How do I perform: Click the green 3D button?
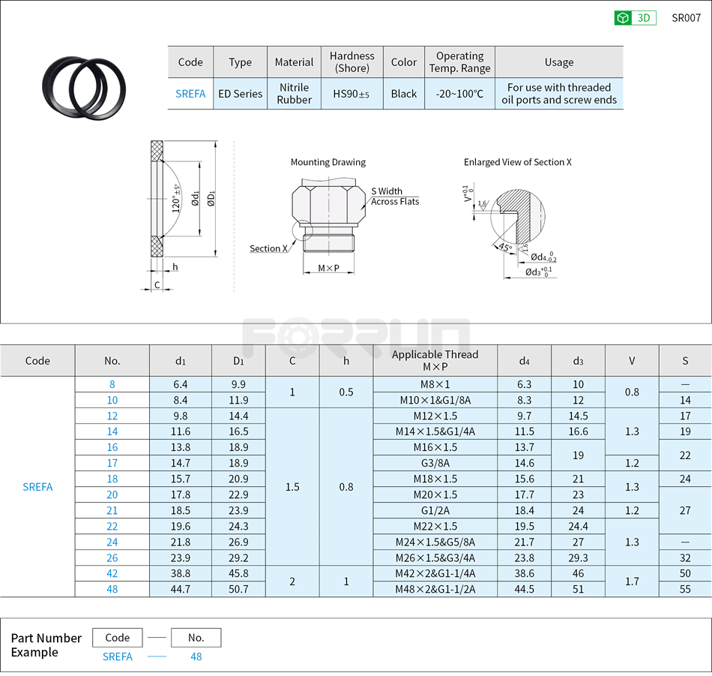pos(635,18)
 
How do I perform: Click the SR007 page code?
pos(685,18)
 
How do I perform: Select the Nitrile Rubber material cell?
pos(294,94)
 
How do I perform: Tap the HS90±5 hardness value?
pos(352,94)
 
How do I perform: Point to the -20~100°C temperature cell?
pos(459,94)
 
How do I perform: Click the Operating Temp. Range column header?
pos(459,62)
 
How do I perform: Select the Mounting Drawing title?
pos(328,162)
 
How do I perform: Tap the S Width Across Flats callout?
pos(394,197)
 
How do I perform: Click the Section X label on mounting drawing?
pos(268,248)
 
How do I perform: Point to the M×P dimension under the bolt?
pos(328,268)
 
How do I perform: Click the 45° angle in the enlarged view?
pos(504,248)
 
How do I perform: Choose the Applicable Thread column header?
pos(435,360)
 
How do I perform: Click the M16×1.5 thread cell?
pos(435,447)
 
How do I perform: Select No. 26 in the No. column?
pos(112,557)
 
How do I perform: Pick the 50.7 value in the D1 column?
pos(238,589)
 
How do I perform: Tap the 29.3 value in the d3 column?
pos(578,557)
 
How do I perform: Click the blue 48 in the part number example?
pos(196,656)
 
